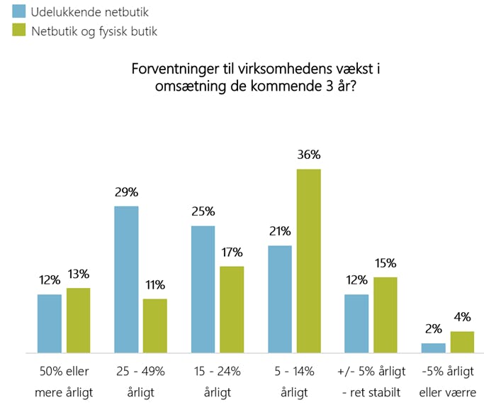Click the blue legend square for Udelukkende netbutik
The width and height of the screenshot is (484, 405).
(x=19, y=11)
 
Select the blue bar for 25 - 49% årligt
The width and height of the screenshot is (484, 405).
(x=126, y=279)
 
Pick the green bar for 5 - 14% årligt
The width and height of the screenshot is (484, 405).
(x=308, y=260)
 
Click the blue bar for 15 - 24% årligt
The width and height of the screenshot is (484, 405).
(x=203, y=289)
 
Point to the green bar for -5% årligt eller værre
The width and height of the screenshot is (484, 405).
(x=461, y=341)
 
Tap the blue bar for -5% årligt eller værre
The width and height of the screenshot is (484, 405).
(x=433, y=348)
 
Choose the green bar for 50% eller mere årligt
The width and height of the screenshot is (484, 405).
(x=78, y=320)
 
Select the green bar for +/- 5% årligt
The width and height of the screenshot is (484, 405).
(x=385, y=314)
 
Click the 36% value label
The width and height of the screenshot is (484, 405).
(x=309, y=155)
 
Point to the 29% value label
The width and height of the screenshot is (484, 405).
(x=126, y=193)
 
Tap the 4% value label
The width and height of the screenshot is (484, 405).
(x=462, y=318)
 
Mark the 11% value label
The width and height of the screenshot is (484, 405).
(x=154, y=285)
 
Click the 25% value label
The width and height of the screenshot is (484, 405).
(x=203, y=212)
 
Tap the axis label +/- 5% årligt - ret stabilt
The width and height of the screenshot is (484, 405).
(x=371, y=381)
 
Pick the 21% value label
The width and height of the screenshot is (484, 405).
(x=279, y=232)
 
